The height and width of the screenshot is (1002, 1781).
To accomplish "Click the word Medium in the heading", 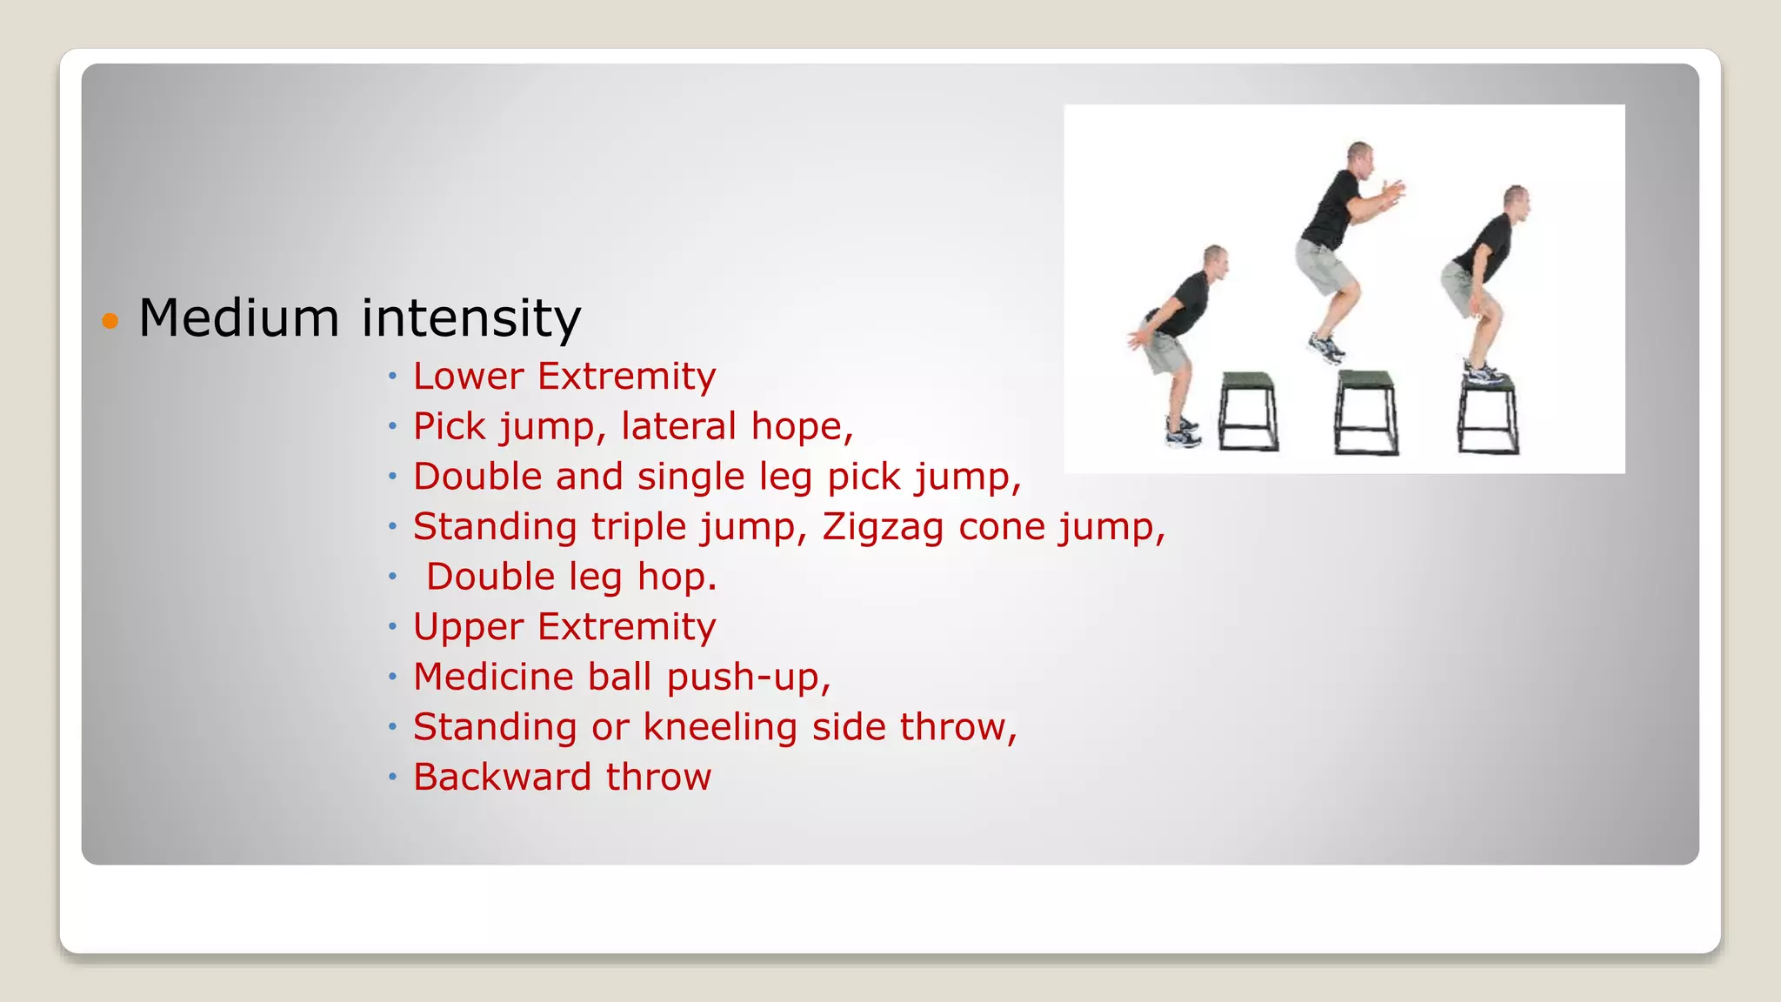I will (238, 318).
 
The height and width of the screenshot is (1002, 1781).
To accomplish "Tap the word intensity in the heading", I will (470, 318).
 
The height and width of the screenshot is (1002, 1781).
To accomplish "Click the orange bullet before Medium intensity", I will (110, 321).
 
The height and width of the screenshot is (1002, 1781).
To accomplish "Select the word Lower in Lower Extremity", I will (468, 377).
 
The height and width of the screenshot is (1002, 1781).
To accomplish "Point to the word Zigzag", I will (882, 527).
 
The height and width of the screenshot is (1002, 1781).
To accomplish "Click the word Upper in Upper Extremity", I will (468, 627).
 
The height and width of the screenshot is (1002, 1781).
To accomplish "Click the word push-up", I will (748, 678).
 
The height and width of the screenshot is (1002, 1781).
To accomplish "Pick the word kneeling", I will (719, 727).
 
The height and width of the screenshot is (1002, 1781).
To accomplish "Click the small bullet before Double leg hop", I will (392, 577).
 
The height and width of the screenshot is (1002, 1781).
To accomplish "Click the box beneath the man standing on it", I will (1488, 417).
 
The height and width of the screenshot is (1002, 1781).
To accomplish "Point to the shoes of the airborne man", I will (1327, 349).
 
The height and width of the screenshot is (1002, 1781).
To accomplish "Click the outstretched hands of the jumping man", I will (1393, 192).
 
